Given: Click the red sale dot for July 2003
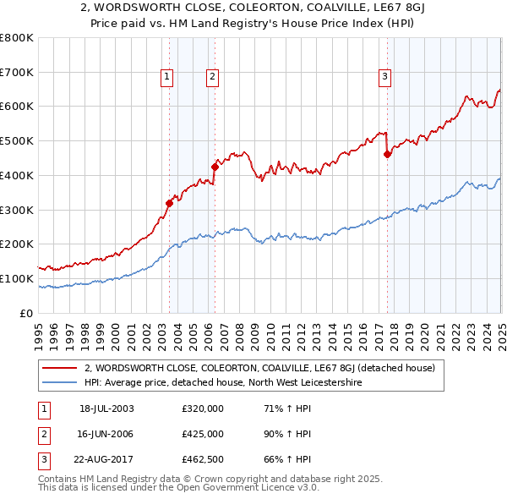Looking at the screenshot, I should (x=170, y=202).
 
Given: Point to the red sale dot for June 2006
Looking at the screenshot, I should (x=215, y=167).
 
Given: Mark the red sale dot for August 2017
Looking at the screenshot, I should (x=387, y=154).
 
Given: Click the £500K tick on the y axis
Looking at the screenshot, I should (x=17, y=140).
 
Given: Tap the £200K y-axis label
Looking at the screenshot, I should (x=17, y=244).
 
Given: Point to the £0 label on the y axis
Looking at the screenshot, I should (x=25, y=313).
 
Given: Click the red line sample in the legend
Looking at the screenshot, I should (x=61, y=368).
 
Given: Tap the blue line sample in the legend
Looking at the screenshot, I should (x=61, y=382).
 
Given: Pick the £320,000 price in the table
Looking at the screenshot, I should (x=203, y=409).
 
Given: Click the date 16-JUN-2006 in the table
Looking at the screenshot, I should (x=106, y=434).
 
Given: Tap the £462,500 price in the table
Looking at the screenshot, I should (x=203, y=459).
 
